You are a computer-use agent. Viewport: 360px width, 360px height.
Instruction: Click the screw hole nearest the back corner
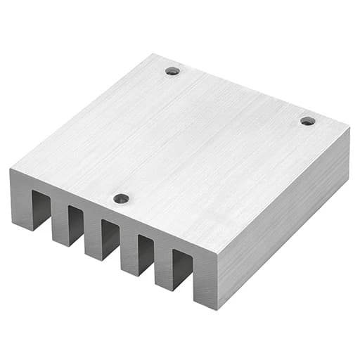point(172,70)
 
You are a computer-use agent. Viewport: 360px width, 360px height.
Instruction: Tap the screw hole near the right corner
point(307,121)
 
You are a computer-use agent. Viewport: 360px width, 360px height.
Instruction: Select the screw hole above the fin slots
point(122,198)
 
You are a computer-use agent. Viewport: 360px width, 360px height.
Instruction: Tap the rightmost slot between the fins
point(181,270)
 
